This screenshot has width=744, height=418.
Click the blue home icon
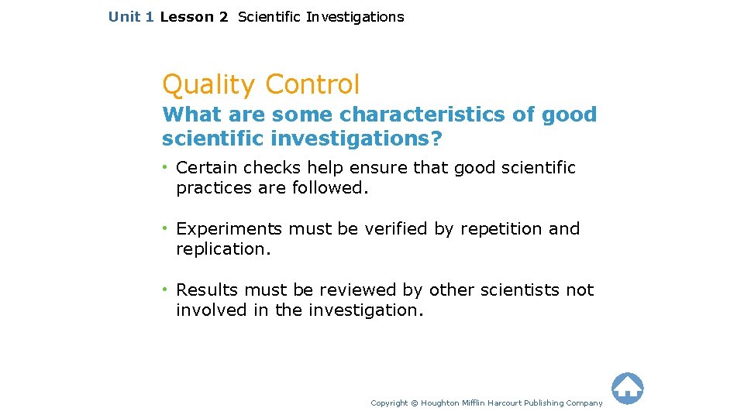pos(627,389)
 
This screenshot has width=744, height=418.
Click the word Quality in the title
pos(207,84)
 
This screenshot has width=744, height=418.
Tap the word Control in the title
pos(312,84)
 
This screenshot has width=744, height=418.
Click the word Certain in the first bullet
pos(207,168)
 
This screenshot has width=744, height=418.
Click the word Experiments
pos(229,229)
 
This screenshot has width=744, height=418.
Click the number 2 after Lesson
pos(223,17)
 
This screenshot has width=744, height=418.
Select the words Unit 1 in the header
pos(131,17)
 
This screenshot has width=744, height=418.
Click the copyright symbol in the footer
pos(414,403)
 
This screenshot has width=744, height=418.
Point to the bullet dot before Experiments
pos(166,229)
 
